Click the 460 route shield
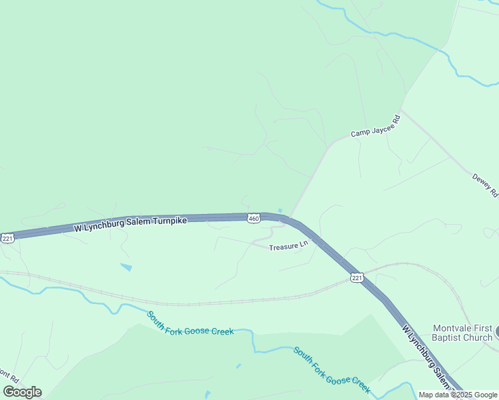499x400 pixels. click(x=254, y=218)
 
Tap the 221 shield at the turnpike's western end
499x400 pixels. click(x=7, y=238)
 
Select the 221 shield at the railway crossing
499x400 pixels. click(x=358, y=277)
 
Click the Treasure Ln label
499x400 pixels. click(x=288, y=247)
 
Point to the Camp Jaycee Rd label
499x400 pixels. click(x=376, y=126)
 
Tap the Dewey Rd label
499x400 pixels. click(x=485, y=185)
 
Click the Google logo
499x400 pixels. click(x=22, y=392)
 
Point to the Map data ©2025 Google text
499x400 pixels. click(x=458, y=395)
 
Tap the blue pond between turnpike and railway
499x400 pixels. click(x=126, y=267)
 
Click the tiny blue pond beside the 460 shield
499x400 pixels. click(x=280, y=211)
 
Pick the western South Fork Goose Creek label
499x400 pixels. click(x=190, y=323)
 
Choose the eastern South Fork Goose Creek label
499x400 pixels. click(x=332, y=369)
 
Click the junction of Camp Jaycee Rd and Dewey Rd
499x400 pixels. click(x=401, y=111)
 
